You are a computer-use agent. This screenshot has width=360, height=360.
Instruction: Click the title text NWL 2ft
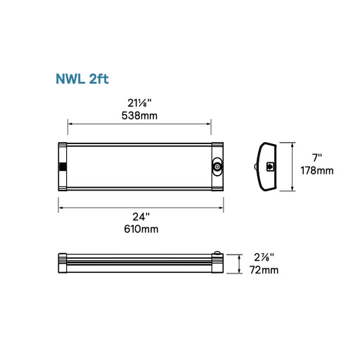(x=85, y=78)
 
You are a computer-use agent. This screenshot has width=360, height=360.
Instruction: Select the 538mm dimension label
(x=139, y=115)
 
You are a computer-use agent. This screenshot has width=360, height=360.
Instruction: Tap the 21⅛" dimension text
(x=139, y=102)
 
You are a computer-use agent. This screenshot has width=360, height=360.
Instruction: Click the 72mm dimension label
(x=264, y=271)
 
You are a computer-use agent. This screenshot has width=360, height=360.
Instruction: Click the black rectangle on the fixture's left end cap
(x=63, y=167)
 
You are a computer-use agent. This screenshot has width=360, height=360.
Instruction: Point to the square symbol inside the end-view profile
(x=271, y=167)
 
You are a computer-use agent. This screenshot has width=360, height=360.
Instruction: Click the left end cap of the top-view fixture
(x=62, y=167)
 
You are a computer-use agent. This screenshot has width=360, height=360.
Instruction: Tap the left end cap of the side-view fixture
(x=62, y=264)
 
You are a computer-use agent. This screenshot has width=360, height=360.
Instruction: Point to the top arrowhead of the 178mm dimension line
(x=291, y=144)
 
